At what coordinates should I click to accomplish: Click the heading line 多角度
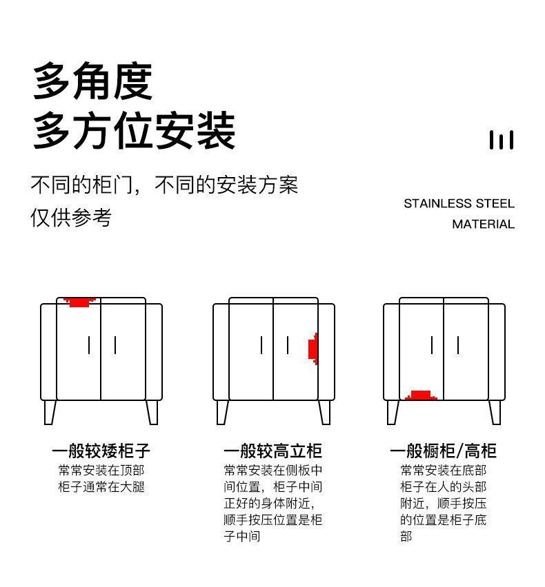pyautogui.click(x=92, y=81)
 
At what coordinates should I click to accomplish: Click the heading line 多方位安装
pyautogui.click(x=134, y=130)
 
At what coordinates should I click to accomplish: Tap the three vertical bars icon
pyautogui.click(x=501, y=140)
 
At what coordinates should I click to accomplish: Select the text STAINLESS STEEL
pyautogui.click(x=459, y=204)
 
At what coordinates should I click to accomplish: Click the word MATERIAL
pyautogui.click(x=483, y=224)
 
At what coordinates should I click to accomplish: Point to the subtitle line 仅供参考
pyautogui.click(x=71, y=218)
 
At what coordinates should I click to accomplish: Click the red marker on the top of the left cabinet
pyautogui.click(x=79, y=302)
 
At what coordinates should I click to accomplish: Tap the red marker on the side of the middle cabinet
pyautogui.click(x=313, y=349)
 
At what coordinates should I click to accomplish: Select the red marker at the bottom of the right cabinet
pyautogui.click(x=421, y=395)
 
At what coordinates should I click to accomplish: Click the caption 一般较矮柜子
pyautogui.click(x=101, y=451)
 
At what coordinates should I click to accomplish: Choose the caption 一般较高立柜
pyautogui.click(x=273, y=451)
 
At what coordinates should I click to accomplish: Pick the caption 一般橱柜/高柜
pyautogui.click(x=444, y=451)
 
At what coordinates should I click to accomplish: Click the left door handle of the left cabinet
pyautogui.click(x=89, y=345)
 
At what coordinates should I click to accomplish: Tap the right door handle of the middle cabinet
pyautogui.click(x=288, y=345)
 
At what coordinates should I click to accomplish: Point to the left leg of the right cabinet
pyautogui.click(x=393, y=412)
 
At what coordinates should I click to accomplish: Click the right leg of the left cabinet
pyautogui.click(x=152, y=412)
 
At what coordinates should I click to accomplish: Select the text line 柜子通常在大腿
pyautogui.click(x=101, y=486)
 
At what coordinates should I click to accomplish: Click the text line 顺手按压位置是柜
pyautogui.click(x=273, y=519)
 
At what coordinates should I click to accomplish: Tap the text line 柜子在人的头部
pyautogui.click(x=444, y=486)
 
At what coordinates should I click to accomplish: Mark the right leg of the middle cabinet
pyautogui.click(x=325, y=412)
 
